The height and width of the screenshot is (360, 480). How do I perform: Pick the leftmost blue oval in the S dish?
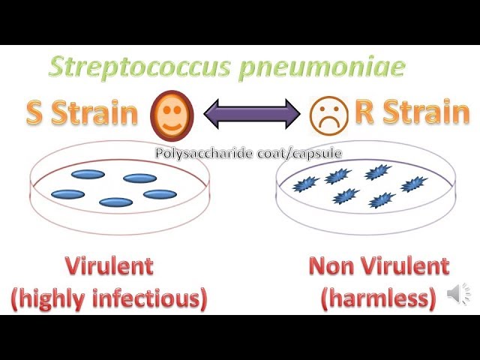click(x=67, y=194)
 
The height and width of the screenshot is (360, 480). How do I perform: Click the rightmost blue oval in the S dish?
click(x=160, y=194)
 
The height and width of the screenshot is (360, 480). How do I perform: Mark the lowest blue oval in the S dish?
click(x=115, y=202)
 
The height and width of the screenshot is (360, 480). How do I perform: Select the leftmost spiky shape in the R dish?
click(x=305, y=184)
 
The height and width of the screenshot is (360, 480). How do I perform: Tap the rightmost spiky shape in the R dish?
click(x=413, y=184)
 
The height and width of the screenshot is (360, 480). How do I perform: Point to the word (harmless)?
click(x=378, y=298)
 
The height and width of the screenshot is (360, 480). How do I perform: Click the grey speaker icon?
click(x=457, y=295)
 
